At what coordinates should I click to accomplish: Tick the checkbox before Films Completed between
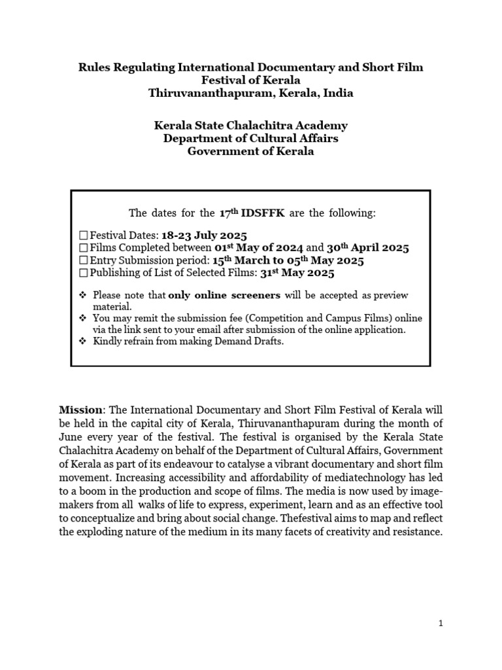(83, 248)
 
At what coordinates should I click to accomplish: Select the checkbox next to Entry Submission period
(83, 260)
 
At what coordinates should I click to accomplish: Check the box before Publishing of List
(83, 273)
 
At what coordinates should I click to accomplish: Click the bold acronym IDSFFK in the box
(262, 213)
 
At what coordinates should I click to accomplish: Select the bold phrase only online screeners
(225, 295)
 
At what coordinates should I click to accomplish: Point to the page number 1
(441, 624)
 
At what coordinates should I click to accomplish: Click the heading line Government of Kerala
(251, 151)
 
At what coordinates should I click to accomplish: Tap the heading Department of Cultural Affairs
(251, 138)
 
